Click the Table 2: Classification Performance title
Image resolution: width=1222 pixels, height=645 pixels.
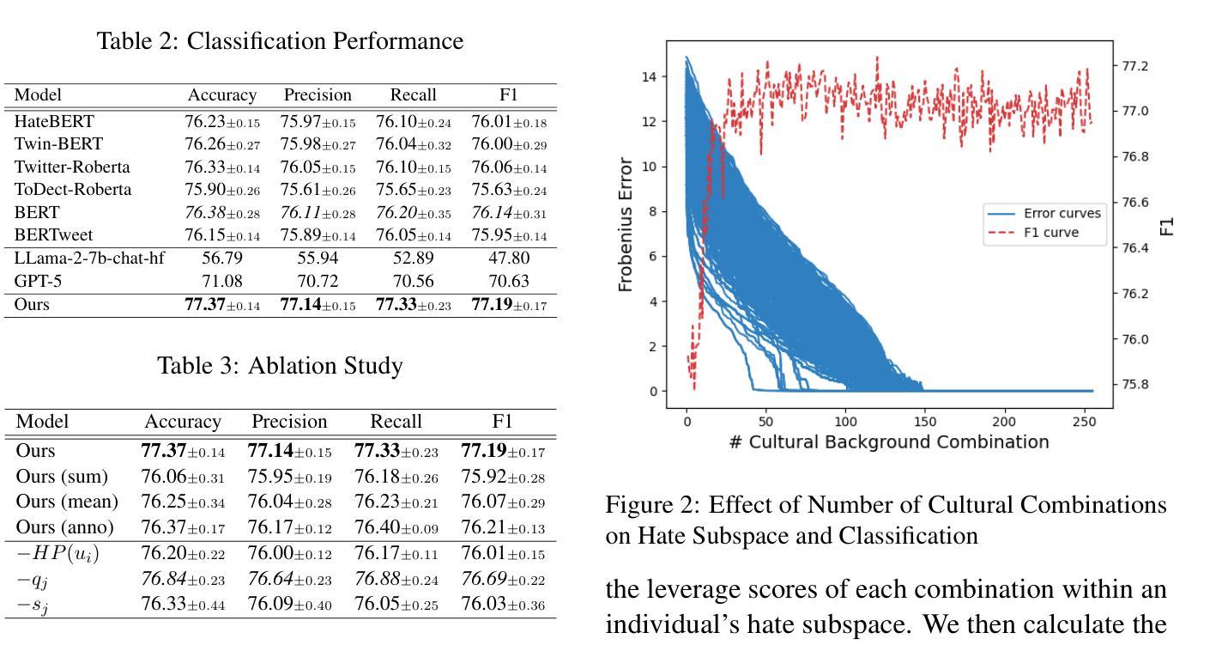[280, 41]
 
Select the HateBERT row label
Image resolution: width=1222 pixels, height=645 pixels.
[54, 122]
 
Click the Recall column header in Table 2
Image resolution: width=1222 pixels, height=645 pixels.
[413, 95]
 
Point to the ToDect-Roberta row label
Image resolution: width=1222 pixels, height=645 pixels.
[73, 190]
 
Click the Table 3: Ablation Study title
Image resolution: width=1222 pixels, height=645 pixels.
[280, 366]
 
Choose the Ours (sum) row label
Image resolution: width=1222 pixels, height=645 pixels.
[63, 477]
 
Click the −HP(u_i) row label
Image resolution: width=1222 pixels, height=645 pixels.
[58, 555]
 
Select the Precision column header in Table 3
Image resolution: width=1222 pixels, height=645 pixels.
[289, 422]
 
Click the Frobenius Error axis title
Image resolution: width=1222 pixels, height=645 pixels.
[626, 225]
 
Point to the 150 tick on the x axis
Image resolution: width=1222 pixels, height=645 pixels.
[924, 422]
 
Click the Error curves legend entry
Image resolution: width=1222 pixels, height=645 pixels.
[1062, 213]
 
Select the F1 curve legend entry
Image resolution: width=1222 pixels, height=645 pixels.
[1051, 233]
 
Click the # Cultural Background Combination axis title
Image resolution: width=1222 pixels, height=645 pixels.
[889, 442]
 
